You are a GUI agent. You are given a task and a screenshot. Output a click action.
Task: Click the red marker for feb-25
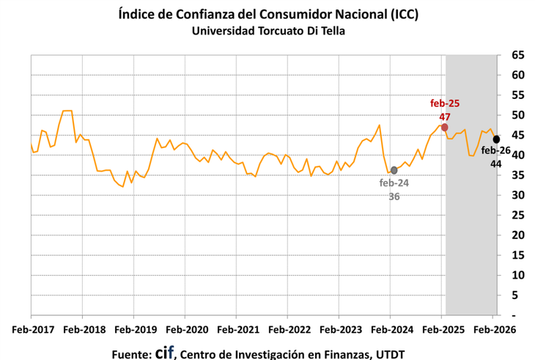(445, 127)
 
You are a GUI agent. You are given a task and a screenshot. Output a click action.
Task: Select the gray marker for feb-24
(394, 170)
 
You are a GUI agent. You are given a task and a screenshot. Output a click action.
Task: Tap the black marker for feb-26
(496, 139)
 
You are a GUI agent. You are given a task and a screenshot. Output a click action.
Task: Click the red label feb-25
(445, 104)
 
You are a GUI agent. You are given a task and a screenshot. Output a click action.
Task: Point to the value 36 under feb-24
(394, 196)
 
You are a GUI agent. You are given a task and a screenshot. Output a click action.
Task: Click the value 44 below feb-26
(495, 165)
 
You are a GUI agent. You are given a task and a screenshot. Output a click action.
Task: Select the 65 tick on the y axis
(517, 55)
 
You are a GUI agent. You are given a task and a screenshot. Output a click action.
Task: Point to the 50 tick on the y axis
(517, 115)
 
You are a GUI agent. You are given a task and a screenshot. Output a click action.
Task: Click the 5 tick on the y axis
(517, 295)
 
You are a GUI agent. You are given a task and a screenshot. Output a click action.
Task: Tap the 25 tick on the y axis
(517, 215)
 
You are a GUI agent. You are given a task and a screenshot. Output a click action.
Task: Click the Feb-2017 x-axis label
(32, 329)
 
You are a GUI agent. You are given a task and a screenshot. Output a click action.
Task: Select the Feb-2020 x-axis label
(185, 329)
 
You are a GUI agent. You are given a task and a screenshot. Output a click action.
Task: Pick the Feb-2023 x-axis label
(338, 329)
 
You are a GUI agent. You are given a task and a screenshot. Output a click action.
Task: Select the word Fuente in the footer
(131, 353)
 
